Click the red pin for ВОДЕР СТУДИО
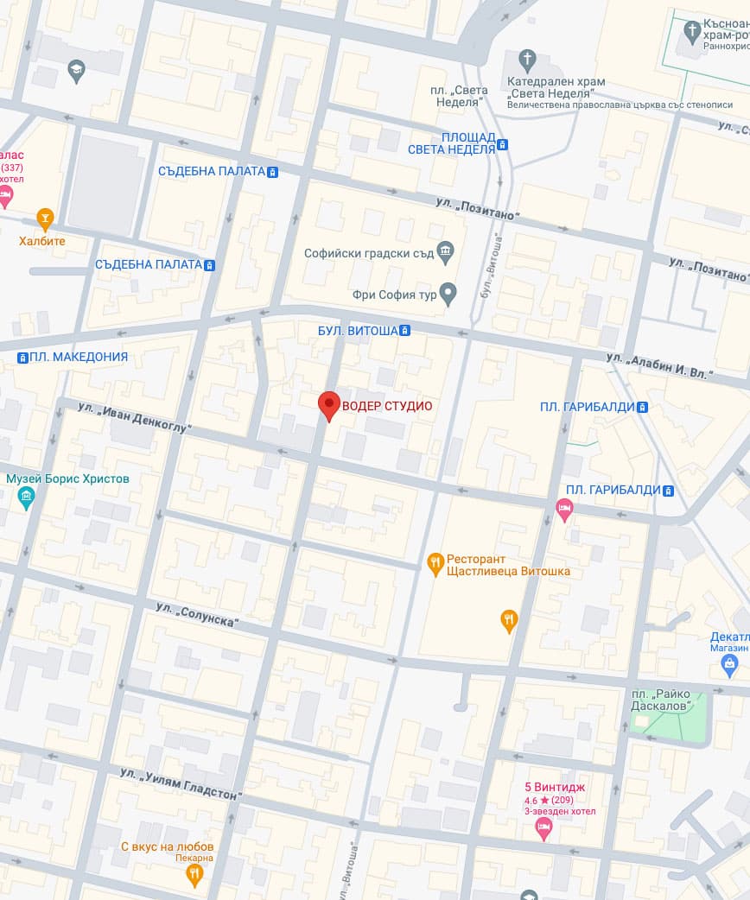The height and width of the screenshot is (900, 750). [x=328, y=404]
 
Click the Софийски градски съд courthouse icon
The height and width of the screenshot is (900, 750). [x=446, y=253]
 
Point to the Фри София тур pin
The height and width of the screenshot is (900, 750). [x=448, y=294]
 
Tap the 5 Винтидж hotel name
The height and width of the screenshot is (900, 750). [x=553, y=787]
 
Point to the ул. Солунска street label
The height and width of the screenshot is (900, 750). [x=197, y=616]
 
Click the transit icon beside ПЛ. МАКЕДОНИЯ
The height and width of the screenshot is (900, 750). [x=22, y=357]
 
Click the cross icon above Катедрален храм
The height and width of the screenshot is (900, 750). [x=527, y=60]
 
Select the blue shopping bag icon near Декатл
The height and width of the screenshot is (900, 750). [x=729, y=663]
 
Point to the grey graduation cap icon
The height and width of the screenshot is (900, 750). [x=77, y=73]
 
